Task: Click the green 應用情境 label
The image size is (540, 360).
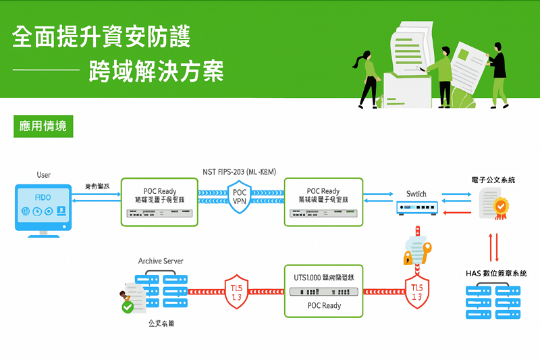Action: (43, 126)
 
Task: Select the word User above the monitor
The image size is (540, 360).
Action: (43, 176)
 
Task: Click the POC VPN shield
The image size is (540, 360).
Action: (240, 197)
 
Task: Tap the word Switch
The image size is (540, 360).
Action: (416, 194)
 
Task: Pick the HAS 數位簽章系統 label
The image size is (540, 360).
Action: (496, 274)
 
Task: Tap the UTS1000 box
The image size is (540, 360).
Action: (324, 290)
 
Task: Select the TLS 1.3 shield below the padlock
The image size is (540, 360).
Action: (416, 291)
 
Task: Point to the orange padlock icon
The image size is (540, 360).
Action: (408, 257)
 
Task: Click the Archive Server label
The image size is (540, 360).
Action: (161, 261)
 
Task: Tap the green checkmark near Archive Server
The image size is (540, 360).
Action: (128, 307)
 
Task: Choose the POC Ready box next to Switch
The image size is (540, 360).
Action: (323, 201)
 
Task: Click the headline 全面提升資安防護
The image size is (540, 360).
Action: (101, 37)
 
